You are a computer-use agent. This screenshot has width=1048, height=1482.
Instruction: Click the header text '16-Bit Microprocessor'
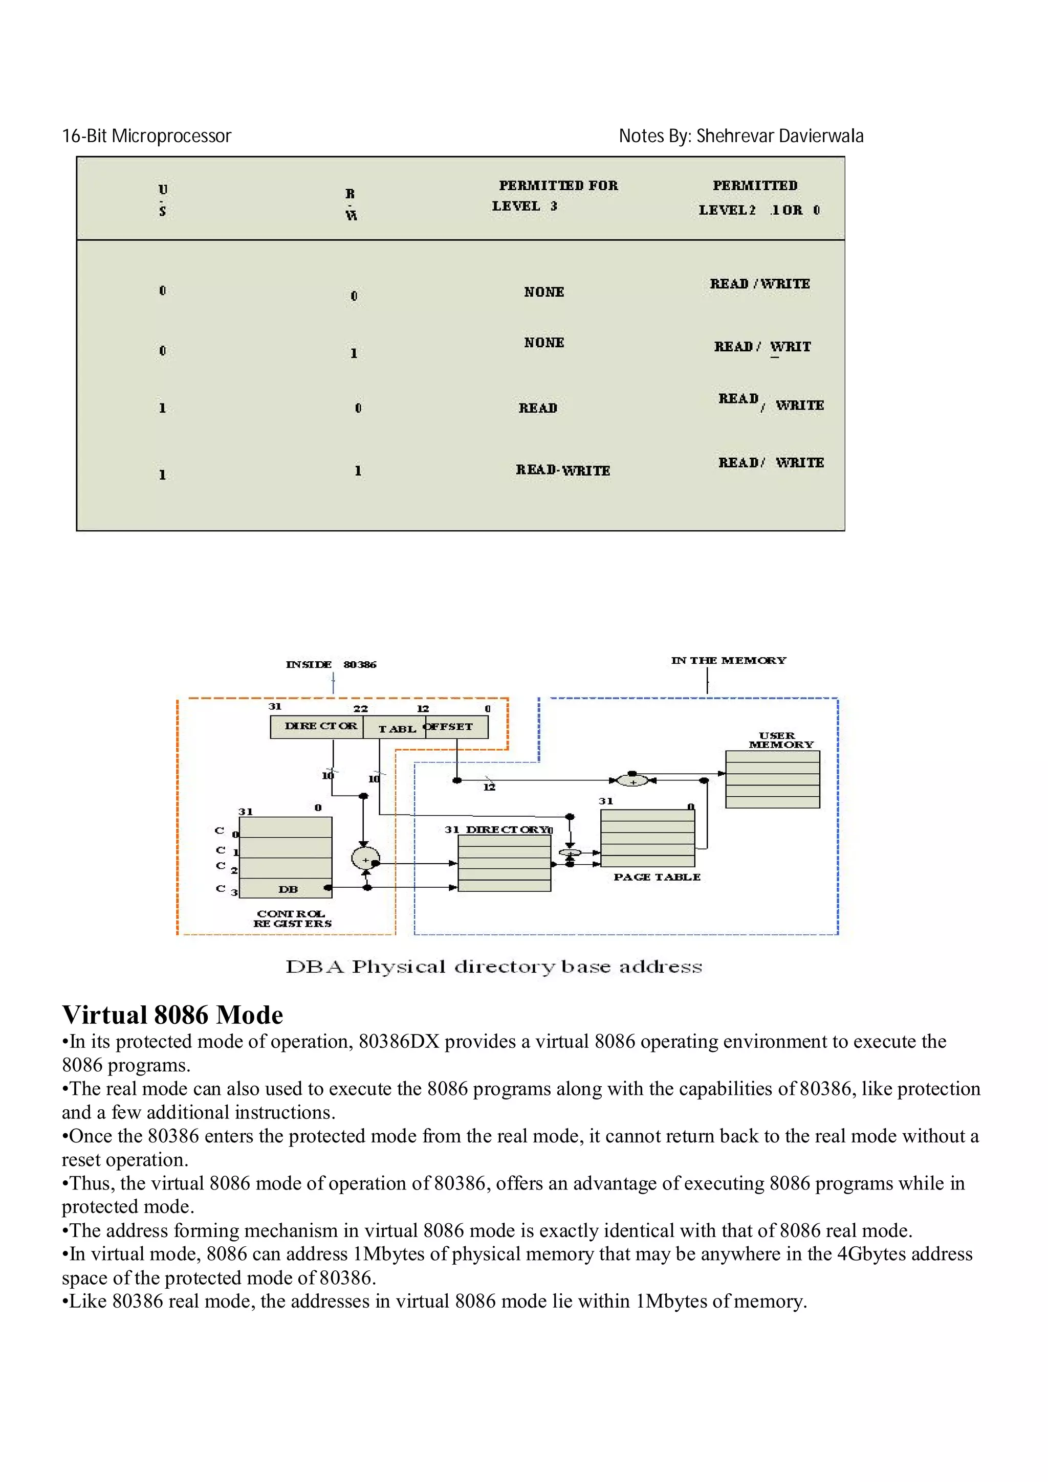tap(146, 136)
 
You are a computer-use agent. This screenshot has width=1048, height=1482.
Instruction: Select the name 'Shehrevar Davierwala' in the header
tap(779, 136)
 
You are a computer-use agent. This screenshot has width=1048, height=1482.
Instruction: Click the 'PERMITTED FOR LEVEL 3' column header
tap(557, 195)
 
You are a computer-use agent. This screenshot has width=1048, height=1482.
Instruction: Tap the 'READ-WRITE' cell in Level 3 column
tap(562, 470)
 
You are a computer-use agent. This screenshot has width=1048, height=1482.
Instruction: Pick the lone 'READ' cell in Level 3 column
tap(537, 408)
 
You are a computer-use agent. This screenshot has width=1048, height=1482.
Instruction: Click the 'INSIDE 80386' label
tap(331, 664)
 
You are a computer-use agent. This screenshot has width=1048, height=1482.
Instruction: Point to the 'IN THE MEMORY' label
tap(728, 660)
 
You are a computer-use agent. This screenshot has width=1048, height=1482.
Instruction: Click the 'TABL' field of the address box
tap(396, 729)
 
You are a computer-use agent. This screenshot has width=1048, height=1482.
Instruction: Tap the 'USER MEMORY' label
tap(780, 739)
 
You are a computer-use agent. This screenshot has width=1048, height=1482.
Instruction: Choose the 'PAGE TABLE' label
tap(657, 877)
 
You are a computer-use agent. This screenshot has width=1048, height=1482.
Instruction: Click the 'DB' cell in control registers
tap(288, 889)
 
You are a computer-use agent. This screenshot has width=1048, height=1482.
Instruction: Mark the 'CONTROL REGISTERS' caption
tap(292, 918)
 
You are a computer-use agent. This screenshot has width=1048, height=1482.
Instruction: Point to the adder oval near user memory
tap(633, 781)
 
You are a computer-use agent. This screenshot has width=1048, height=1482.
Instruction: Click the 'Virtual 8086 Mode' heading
tap(172, 1015)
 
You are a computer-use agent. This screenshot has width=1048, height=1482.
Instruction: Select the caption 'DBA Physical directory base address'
tap(493, 967)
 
